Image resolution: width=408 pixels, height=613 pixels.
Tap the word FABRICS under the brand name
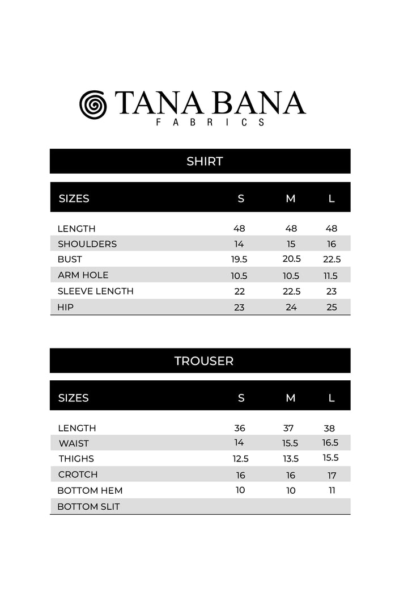pos(210,122)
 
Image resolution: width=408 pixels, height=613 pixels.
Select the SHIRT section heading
pos(205,161)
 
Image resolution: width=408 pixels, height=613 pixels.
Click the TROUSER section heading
pos(204,360)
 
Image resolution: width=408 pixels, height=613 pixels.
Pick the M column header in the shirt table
pos(291,199)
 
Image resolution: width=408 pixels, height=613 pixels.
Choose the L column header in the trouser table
pos(331,398)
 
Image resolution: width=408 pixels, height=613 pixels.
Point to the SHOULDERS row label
pos(87,244)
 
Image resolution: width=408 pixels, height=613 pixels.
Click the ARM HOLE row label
pos(83,275)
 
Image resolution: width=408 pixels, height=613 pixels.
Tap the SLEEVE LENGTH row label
pos(95,291)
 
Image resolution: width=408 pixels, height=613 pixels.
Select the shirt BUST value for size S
pos(239,259)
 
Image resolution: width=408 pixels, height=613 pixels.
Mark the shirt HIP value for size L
pos(331,307)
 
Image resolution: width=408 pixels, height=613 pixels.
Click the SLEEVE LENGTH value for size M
pos(291,291)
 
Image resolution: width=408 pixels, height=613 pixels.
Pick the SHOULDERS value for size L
pos(331,244)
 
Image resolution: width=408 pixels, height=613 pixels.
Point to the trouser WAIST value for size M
pos(291,443)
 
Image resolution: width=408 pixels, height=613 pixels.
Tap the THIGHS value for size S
pos(240,459)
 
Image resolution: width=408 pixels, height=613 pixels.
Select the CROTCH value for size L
pos(331,475)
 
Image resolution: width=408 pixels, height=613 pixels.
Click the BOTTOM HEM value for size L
pos(331,490)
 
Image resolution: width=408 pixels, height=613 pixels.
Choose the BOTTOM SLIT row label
pos(88,506)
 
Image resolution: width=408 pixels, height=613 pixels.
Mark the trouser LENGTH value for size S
pos(240,428)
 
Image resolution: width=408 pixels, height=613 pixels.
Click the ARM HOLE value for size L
pos(331,275)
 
